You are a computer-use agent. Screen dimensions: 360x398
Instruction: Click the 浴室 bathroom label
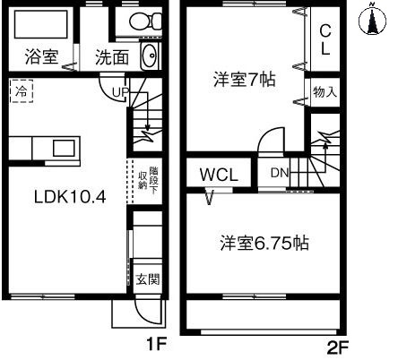tap(42, 56)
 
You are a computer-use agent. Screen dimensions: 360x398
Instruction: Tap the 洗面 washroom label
tap(112, 56)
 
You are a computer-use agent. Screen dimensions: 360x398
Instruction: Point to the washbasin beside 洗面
tap(151, 56)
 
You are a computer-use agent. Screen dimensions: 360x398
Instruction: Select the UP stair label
tap(119, 91)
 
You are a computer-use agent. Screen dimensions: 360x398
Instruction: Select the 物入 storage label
tap(324, 91)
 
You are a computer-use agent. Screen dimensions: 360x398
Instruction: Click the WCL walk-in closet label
tap(218, 174)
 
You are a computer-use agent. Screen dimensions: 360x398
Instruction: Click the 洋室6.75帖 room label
tap(265, 244)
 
